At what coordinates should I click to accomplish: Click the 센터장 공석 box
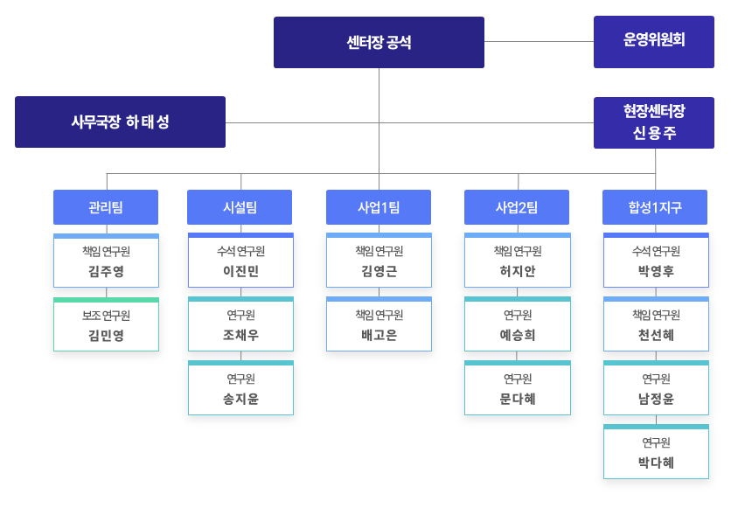379,42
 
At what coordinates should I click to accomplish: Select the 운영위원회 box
654,41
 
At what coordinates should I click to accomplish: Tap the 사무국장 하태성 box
120,122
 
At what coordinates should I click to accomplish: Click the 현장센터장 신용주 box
654,122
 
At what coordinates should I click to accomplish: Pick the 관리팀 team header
106,207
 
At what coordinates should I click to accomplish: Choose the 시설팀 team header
240,207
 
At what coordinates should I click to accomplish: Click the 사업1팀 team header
379,207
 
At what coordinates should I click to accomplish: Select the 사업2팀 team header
516,207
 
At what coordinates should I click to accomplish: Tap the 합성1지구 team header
655,207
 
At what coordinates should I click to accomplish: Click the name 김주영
106,271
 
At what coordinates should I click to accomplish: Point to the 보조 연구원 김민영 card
106,324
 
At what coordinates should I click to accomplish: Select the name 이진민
240,271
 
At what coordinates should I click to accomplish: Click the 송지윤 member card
240,388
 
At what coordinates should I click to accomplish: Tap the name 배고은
379,335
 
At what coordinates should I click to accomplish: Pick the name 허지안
517,271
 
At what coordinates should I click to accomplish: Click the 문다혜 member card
517,388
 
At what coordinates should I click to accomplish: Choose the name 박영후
656,271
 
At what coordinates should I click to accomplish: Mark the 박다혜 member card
656,452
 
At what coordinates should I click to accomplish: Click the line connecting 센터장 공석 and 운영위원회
539,41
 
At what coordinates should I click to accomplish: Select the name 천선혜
656,335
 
